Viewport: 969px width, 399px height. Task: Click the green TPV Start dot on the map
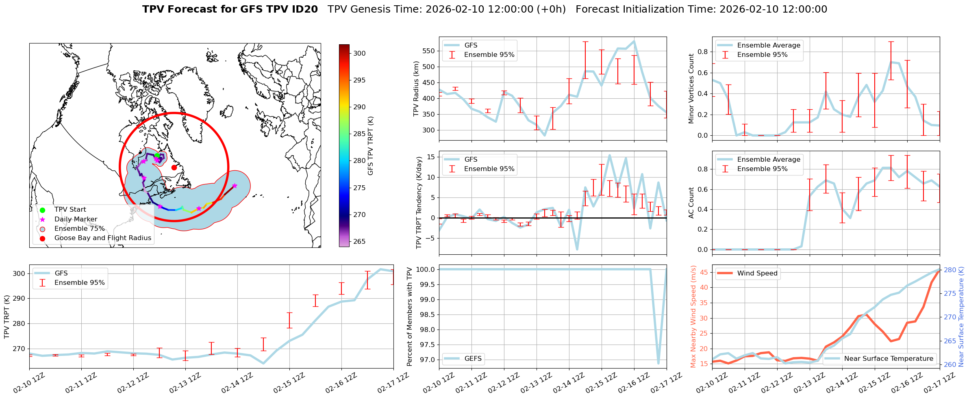coord(157,155)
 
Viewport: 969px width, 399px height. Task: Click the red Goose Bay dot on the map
coord(174,167)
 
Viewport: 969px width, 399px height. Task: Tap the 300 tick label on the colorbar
coord(359,53)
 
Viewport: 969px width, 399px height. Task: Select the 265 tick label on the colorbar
coord(359,241)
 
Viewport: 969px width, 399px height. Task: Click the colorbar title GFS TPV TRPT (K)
coord(370,146)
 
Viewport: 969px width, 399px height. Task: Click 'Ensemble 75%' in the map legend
coord(79,228)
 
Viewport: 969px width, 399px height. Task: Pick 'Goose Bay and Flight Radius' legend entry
coord(102,238)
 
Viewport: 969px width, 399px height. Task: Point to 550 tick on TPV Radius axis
coord(429,51)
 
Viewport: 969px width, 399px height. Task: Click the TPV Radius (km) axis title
coord(416,89)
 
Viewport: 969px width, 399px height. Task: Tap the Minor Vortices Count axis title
coord(691,89)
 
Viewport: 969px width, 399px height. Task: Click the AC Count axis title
coord(691,203)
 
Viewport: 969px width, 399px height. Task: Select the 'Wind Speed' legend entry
coord(757,273)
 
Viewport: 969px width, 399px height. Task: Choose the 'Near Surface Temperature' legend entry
coord(889,358)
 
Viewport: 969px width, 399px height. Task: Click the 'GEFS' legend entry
coord(473,358)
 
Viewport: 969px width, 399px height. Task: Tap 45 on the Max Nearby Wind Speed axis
coord(704,272)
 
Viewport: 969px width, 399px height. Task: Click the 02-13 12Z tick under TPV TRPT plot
coord(185,383)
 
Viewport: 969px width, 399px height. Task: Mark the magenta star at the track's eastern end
coord(235,186)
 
